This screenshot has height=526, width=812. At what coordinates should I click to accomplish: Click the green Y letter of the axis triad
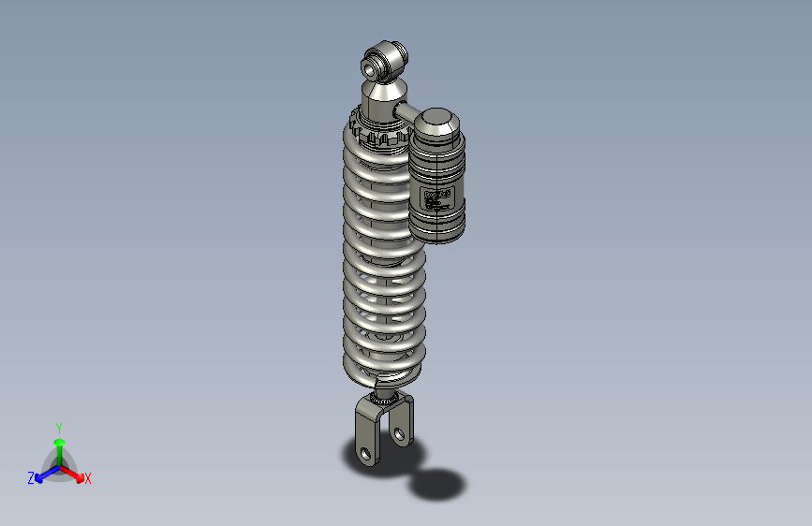pyautogui.click(x=58, y=427)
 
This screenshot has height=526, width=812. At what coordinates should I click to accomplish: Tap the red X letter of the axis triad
pyautogui.click(x=88, y=479)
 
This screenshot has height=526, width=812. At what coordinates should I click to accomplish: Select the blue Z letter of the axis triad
pyautogui.click(x=31, y=478)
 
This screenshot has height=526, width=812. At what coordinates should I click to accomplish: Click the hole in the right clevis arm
pyautogui.click(x=400, y=434)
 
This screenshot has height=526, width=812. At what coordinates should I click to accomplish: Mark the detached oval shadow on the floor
pyautogui.click(x=437, y=484)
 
